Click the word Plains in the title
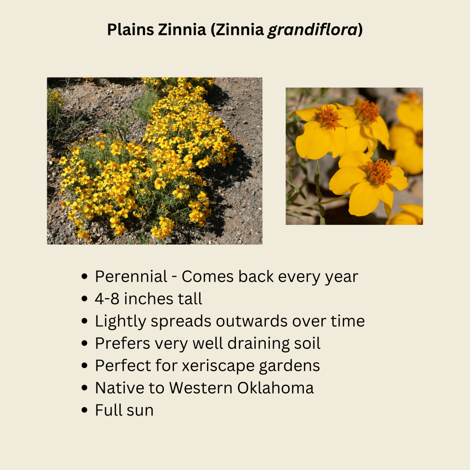tap(130, 30)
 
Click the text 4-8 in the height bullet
tap(107, 298)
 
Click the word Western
tap(201, 388)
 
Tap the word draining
tap(258, 343)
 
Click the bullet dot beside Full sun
tap(84, 410)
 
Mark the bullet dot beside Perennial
tap(84, 276)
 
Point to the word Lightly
tap(121, 322)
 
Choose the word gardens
tap(289, 366)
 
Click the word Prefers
tap(123, 343)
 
